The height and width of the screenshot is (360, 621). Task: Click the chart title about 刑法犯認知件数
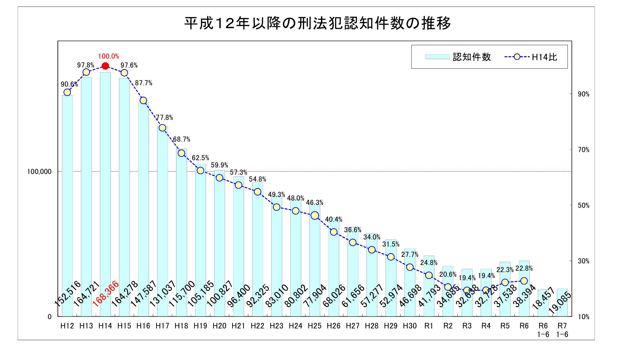[x=317, y=23]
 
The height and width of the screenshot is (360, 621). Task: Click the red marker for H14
[x=105, y=66]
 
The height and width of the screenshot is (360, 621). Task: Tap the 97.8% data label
[x=86, y=65]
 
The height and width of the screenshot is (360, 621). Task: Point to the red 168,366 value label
[x=106, y=294]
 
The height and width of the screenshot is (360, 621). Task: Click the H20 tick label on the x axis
[x=219, y=326]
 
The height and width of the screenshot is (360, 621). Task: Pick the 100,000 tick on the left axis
[x=39, y=172]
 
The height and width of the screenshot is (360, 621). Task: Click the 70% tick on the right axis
[x=583, y=150]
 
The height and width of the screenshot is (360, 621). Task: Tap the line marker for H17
[x=163, y=128]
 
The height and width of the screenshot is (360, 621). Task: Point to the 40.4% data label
[x=333, y=219]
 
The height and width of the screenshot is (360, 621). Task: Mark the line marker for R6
[x=524, y=281]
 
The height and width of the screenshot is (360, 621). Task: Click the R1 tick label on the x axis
[x=429, y=326]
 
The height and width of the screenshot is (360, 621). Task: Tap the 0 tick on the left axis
[x=50, y=317]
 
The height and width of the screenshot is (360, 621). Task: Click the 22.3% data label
[x=505, y=270]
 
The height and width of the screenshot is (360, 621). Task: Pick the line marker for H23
[x=277, y=207]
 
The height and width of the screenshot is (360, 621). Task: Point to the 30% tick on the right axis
[x=583, y=261]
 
